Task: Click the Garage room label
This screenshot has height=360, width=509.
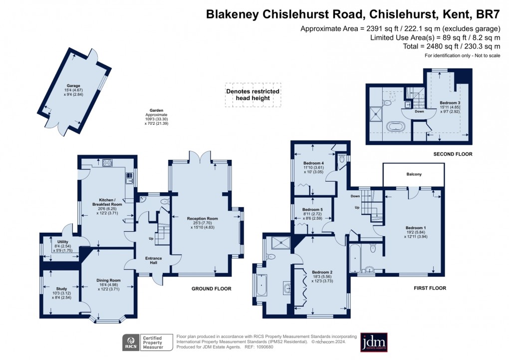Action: (x=73, y=85)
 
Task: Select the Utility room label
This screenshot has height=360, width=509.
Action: (x=62, y=242)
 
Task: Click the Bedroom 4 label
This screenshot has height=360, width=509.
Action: (x=313, y=163)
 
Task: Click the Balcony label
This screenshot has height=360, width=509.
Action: (x=414, y=174)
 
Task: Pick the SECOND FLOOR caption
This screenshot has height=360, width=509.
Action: (x=453, y=154)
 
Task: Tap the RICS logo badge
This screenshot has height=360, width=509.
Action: (x=132, y=342)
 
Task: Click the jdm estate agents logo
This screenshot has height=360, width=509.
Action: (x=374, y=342)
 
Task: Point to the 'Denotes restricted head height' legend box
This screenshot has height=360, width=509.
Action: (x=252, y=95)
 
